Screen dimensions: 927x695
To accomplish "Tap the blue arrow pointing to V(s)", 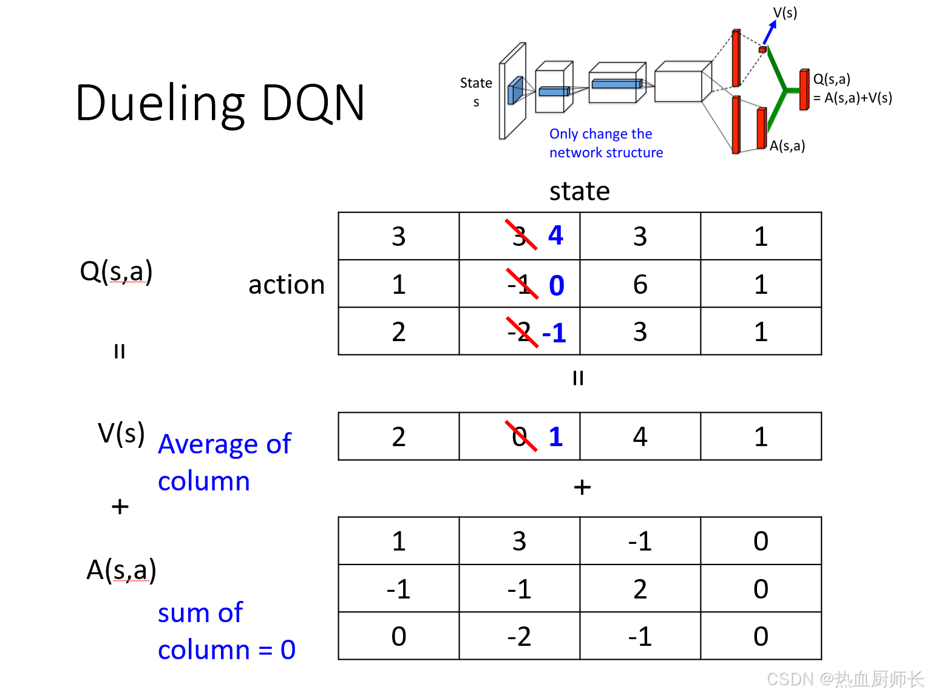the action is [x=770, y=32].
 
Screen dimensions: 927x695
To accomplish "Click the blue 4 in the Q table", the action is [x=555, y=236].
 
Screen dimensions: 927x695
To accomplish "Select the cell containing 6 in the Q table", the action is [x=640, y=284].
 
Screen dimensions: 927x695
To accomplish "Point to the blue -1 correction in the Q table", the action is [x=554, y=333].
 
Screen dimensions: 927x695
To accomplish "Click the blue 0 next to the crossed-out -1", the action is [x=556, y=285].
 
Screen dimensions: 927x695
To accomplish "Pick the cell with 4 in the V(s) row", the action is [x=640, y=436].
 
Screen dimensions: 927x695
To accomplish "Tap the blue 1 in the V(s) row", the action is [x=555, y=436].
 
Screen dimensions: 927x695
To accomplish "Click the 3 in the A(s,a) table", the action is [x=519, y=541].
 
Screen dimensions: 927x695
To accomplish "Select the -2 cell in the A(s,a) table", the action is [x=519, y=636].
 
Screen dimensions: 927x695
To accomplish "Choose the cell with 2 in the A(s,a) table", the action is [x=640, y=589].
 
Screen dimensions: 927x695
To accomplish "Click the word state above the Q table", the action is [x=579, y=191].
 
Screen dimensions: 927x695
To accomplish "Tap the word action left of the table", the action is [x=287, y=285].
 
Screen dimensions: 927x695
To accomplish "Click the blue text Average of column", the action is [x=224, y=462].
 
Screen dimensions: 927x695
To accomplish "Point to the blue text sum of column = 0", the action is [x=226, y=631].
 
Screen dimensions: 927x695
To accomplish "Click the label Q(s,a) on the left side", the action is [x=116, y=271].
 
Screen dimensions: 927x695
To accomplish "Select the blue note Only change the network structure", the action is [x=605, y=143].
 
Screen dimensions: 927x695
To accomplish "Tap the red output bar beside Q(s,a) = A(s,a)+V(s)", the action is [x=804, y=90].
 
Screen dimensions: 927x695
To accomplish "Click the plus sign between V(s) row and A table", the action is [x=582, y=487].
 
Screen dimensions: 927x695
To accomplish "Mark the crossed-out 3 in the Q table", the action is [x=520, y=236].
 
